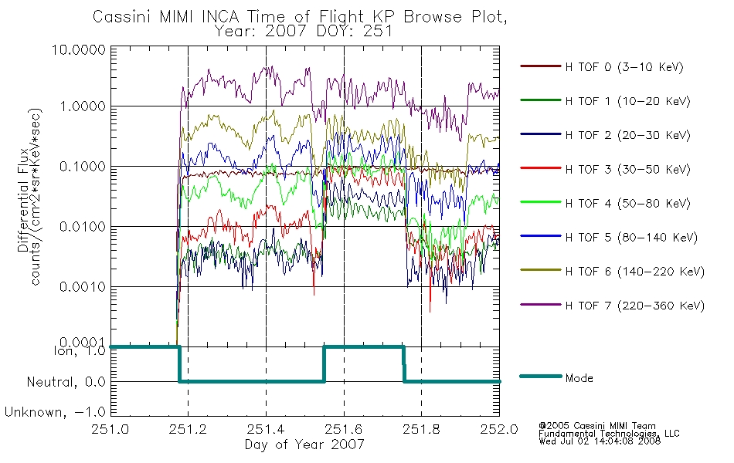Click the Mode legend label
pos(579,378)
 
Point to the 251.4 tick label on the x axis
pos(266,429)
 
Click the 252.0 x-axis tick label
pos(499,429)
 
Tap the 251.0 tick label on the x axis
pos(110,429)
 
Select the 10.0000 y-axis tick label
pos(79,49)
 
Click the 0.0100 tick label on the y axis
pos(83,227)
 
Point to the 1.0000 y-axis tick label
pos(83,106)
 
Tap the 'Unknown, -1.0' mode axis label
pos(55,413)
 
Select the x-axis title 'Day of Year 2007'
pos(304,444)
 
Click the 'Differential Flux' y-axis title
pos(23,201)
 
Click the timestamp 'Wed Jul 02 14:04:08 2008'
pos(600,441)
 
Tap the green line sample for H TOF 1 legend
pos(541,100)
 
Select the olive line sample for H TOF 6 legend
pos(541,270)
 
